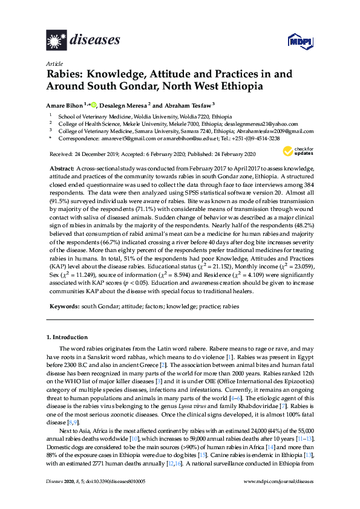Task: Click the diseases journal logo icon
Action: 56,40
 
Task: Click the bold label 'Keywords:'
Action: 63,306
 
